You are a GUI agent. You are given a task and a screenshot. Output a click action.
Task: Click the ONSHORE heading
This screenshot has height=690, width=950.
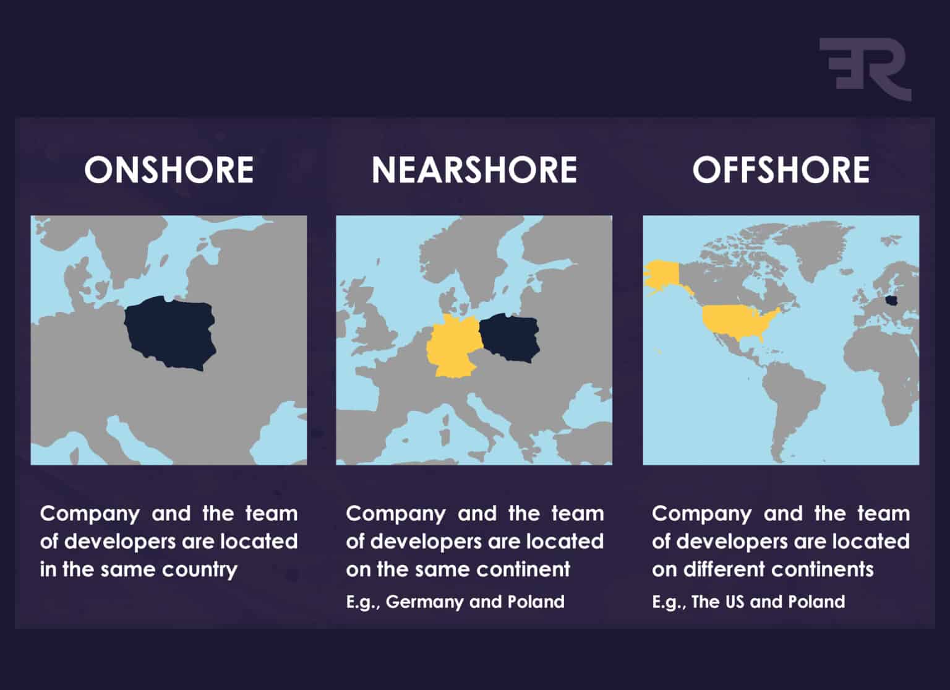coord(169,170)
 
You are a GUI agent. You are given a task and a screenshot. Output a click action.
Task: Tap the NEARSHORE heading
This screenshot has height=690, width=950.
coord(474,170)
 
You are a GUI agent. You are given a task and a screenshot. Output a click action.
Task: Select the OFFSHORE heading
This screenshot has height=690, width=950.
coord(781,170)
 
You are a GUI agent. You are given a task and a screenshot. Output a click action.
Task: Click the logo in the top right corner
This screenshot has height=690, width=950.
coord(865,68)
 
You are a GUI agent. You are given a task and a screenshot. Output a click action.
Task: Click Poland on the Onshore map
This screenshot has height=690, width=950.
coord(170,332)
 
